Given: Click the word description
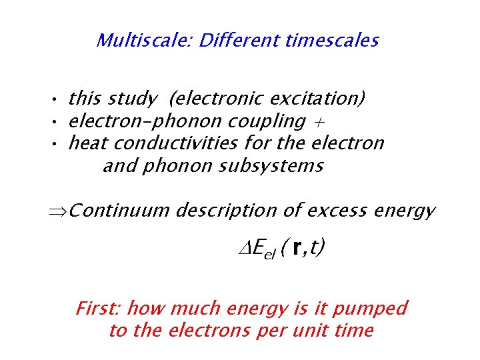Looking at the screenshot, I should tap(226, 211).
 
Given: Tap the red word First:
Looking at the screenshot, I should tap(98, 309).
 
